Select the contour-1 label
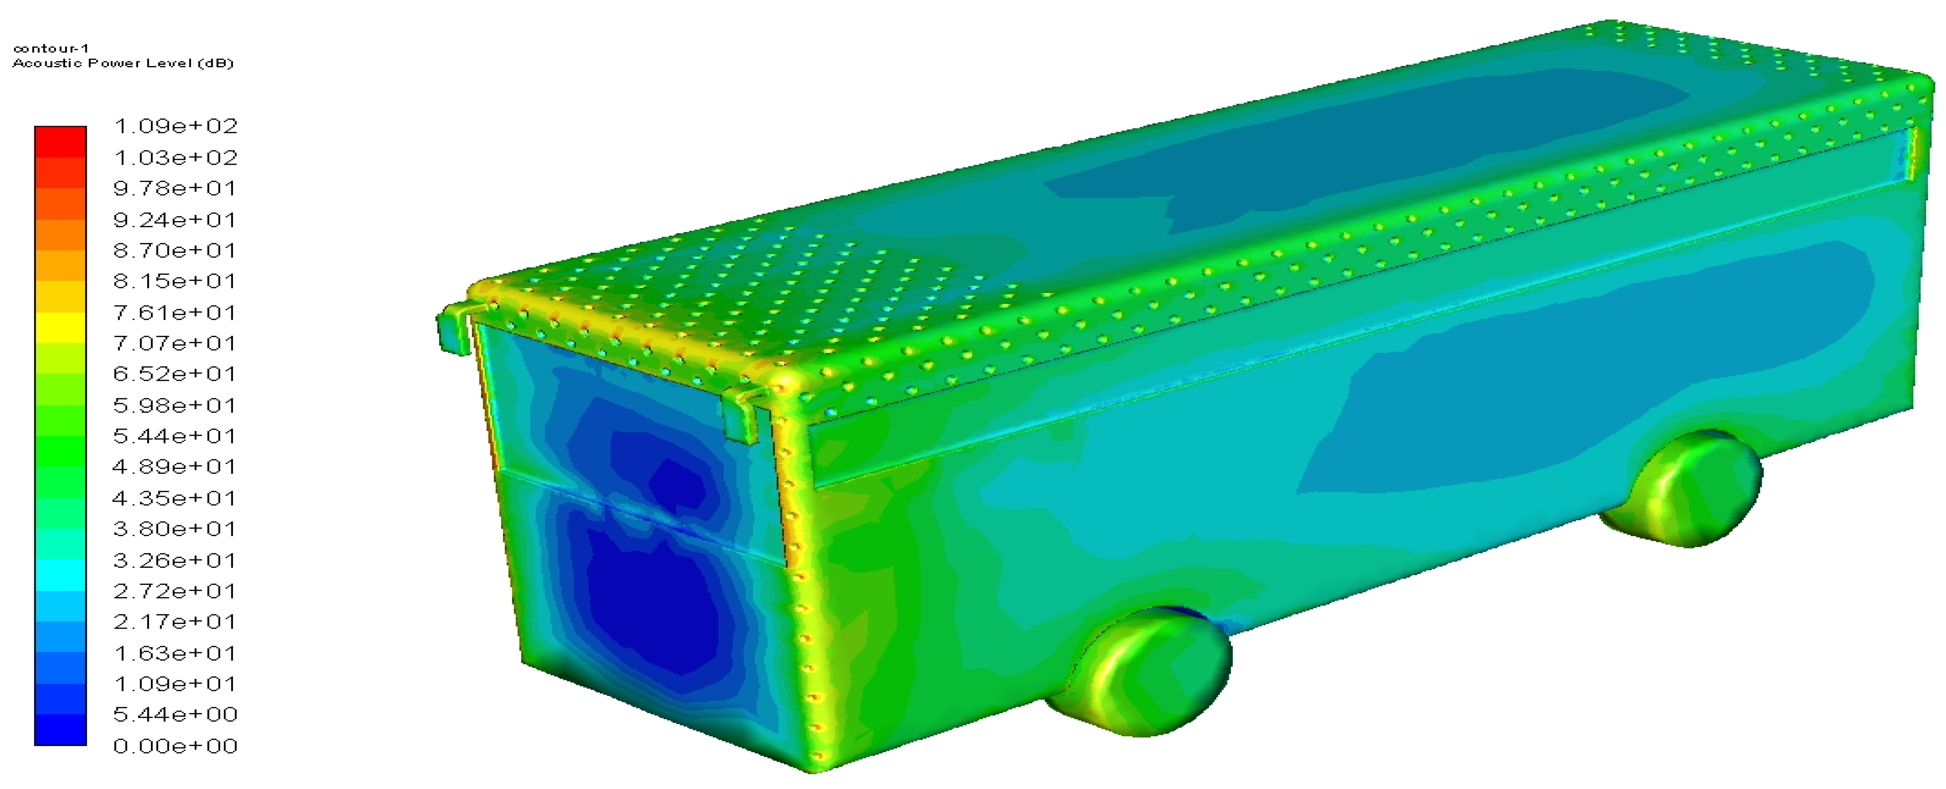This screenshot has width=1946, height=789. coord(51,49)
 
